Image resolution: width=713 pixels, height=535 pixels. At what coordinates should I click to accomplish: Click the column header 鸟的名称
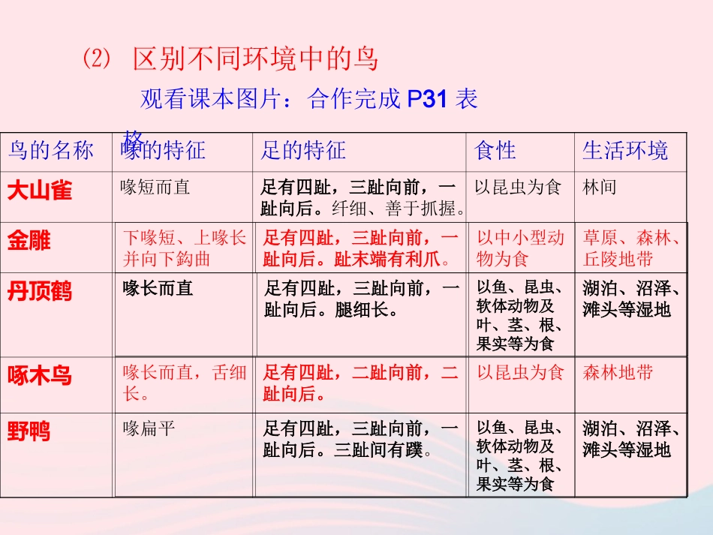[x=50, y=151]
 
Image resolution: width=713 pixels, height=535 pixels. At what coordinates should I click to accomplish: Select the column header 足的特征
[x=303, y=151]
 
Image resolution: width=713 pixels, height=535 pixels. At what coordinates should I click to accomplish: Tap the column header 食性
[x=495, y=151]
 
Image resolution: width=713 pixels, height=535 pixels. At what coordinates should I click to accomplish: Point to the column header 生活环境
[x=624, y=151]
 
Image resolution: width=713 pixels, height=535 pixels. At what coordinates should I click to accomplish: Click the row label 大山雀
[x=40, y=190]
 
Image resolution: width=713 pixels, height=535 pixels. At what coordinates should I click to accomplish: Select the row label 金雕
[x=29, y=241]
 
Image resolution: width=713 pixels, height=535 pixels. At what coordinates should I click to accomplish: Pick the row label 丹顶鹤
[x=40, y=291]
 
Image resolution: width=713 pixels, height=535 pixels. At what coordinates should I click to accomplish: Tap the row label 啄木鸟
[x=40, y=375]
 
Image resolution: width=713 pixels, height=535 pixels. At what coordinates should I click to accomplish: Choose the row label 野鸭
[x=29, y=431]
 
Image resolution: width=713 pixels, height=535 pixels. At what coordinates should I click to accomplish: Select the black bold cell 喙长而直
[x=158, y=287]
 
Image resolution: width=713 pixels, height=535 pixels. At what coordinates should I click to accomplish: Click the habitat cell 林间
[x=599, y=187]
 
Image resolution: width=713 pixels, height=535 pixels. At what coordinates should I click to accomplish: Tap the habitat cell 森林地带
[x=618, y=372]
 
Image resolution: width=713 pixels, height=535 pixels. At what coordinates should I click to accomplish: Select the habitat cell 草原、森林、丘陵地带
[x=631, y=248]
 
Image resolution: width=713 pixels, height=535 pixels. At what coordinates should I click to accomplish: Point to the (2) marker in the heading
[x=95, y=59]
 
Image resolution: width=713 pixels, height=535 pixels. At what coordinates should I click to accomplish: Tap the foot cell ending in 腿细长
[x=360, y=298]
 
